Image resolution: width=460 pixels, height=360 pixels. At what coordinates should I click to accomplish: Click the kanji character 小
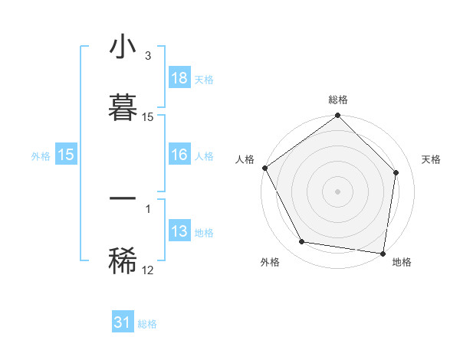pyautogui.click(x=123, y=47)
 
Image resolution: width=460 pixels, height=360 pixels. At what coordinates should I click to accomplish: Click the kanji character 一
pyautogui.click(x=123, y=198)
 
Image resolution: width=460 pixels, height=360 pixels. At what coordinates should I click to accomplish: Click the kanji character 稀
pyautogui.click(x=123, y=260)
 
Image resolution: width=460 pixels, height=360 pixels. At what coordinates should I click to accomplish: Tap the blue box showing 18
pyautogui.click(x=179, y=78)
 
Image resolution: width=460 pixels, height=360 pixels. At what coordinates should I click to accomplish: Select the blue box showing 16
pyautogui.click(x=179, y=155)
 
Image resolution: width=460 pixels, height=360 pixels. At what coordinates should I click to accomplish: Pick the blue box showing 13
pyautogui.click(x=179, y=231)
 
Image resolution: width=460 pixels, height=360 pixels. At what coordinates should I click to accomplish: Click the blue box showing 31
pyautogui.click(x=123, y=322)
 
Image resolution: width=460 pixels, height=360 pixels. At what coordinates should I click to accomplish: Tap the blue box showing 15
pyautogui.click(x=66, y=155)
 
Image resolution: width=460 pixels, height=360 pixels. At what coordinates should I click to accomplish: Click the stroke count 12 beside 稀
pyautogui.click(x=147, y=270)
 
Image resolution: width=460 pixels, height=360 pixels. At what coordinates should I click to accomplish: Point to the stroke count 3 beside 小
pyautogui.click(x=147, y=56)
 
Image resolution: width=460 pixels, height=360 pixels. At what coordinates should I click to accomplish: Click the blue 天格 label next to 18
pyautogui.click(x=204, y=80)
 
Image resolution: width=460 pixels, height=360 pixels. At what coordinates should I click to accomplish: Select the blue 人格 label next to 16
pyautogui.click(x=204, y=156)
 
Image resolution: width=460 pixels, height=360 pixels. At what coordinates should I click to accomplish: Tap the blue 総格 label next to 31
pyautogui.click(x=147, y=324)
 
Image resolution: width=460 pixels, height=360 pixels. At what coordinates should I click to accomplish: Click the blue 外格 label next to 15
pyautogui.click(x=41, y=156)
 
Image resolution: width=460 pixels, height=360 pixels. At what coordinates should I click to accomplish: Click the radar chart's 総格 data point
pyautogui.click(x=337, y=116)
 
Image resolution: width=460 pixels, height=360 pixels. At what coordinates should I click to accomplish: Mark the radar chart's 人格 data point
pyautogui.click(x=265, y=168)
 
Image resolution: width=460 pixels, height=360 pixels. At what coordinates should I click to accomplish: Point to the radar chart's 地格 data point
pyautogui.click(x=383, y=253)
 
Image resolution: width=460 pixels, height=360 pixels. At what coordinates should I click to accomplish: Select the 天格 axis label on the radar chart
pyautogui.click(x=431, y=159)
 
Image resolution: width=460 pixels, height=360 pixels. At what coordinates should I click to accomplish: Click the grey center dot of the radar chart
pyautogui.click(x=337, y=191)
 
